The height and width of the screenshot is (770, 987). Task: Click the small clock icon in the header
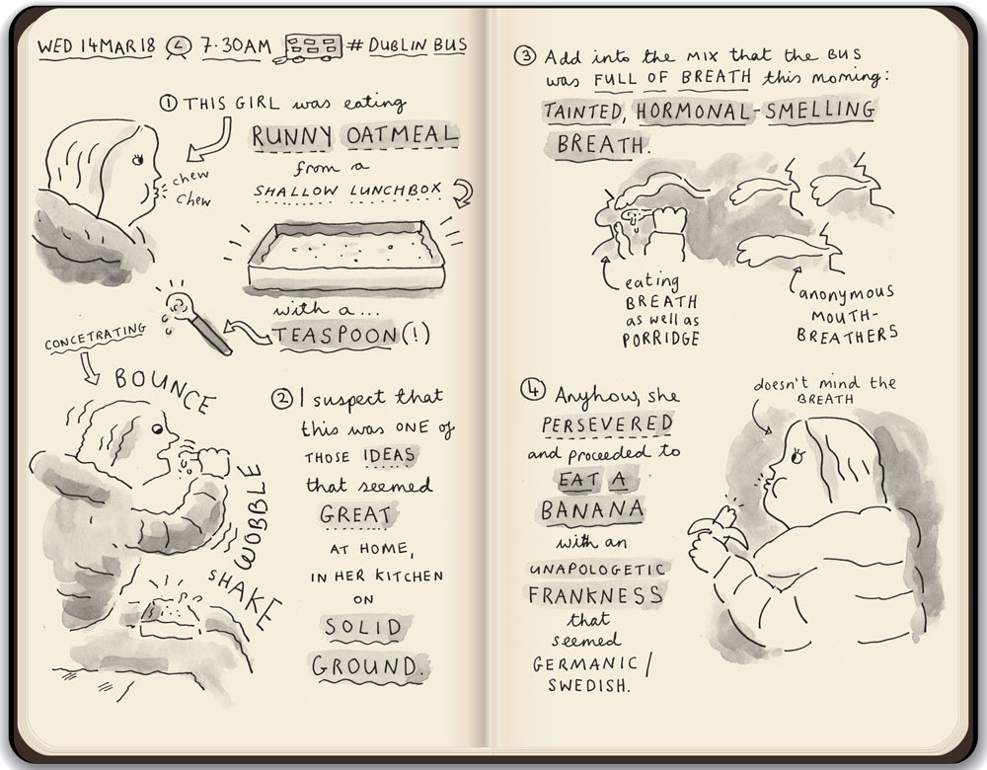tap(179, 47)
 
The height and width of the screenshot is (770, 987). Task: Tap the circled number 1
tap(168, 103)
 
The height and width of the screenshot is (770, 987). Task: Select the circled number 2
tap(282, 398)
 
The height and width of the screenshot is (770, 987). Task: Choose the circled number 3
tap(525, 56)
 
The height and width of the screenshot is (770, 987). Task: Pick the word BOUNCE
tap(165, 388)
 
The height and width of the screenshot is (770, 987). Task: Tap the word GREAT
tap(355, 515)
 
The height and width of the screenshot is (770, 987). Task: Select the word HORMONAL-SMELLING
tap(755, 112)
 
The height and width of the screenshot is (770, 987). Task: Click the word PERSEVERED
tap(607, 424)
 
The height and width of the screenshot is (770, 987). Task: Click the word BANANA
tap(592, 510)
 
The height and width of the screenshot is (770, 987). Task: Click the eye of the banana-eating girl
tap(798, 456)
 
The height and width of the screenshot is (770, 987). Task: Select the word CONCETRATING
tap(95, 337)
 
